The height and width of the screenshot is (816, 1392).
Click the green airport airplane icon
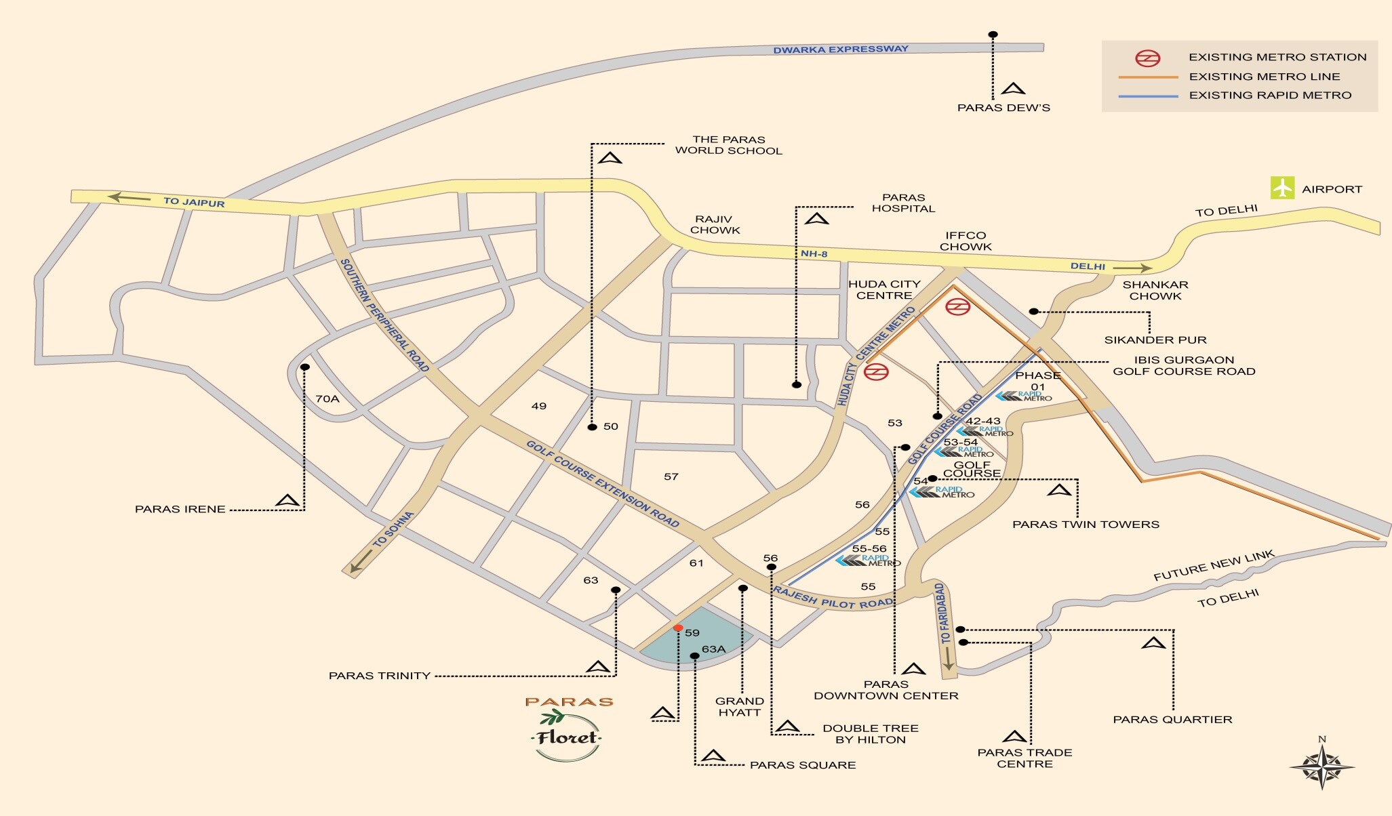[x=1282, y=188]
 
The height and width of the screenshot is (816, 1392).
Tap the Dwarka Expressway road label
[x=840, y=49]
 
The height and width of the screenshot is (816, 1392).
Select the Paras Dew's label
[x=1003, y=108]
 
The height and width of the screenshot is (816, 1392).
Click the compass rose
[x=1321, y=767]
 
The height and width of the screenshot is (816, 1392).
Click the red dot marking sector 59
[x=678, y=628]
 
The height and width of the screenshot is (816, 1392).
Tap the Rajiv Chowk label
[x=715, y=225]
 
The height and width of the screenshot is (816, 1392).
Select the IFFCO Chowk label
[x=966, y=241]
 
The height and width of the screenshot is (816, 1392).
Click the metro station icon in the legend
[x=1148, y=58]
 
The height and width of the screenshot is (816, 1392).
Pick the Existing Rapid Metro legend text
[x=1270, y=96]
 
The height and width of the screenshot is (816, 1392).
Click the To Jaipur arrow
[x=130, y=198]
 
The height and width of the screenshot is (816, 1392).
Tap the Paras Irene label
[x=180, y=509]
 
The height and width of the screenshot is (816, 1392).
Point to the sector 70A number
[x=327, y=399]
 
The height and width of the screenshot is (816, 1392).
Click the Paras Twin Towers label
[x=1085, y=525]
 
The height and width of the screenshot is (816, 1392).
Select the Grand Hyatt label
[x=739, y=707]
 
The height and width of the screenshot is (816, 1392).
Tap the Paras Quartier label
[x=1172, y=720]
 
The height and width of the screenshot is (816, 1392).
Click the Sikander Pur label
[x=1155, y=340]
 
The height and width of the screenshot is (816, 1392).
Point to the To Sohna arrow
[x=362, y=559]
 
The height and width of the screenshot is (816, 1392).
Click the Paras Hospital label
[x=903, y=203]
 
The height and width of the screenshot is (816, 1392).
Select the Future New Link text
[x=1214, y=566]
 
